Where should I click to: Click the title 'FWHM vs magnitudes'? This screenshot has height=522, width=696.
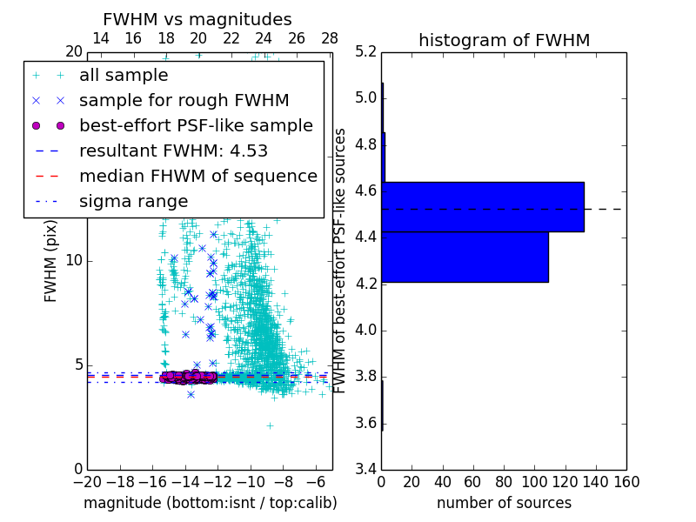[197, 20]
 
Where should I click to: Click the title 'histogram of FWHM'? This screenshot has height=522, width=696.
[504, 40]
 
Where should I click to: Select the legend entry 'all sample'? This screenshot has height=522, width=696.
[124, 76]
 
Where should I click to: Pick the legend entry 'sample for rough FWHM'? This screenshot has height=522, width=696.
[184, 101]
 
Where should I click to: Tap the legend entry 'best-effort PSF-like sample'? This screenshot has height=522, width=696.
[196, 126]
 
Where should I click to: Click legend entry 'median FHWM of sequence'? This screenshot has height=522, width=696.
[197, 177]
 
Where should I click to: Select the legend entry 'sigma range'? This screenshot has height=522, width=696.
[133, 202]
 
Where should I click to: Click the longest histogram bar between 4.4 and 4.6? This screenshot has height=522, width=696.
[483, 207]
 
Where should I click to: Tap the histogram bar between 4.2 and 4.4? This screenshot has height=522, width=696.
[465, 257]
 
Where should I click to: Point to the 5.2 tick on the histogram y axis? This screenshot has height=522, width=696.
[366, 51]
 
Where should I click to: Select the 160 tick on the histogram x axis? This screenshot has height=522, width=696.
[626, 482]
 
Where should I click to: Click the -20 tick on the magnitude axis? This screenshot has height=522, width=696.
[87, 482]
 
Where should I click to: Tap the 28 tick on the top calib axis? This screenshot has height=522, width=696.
[330, 38]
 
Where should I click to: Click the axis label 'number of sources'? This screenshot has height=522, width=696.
[504, 503]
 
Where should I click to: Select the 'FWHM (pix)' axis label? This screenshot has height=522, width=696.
[51, 260]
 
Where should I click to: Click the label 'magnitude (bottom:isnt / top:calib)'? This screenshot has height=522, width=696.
[210, 503]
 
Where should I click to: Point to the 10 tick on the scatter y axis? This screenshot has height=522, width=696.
[75, 261]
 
